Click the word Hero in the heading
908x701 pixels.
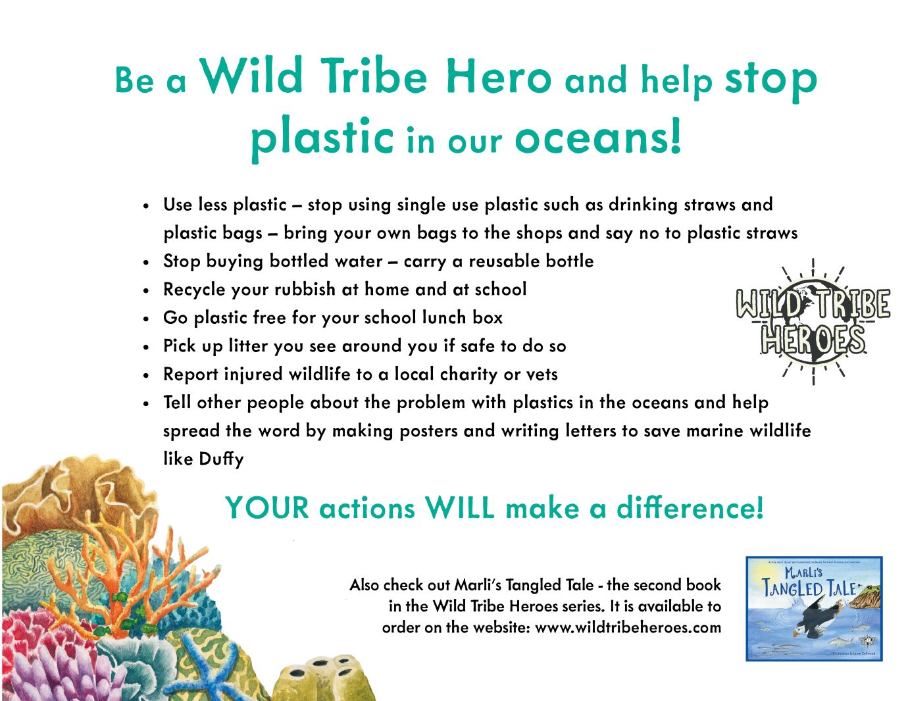(499, 76)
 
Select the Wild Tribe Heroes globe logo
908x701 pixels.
(813, 321)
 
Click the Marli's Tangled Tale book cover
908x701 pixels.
(814, 609)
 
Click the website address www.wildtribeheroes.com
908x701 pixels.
(628, 628)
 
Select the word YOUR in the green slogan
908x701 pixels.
(267, 508)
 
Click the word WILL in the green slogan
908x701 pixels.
(460, 508)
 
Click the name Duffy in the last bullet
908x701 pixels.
(221, 459)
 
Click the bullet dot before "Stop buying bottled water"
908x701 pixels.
(146, 263)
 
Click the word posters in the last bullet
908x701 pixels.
(429, 431)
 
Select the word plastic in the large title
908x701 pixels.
(322, 138)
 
